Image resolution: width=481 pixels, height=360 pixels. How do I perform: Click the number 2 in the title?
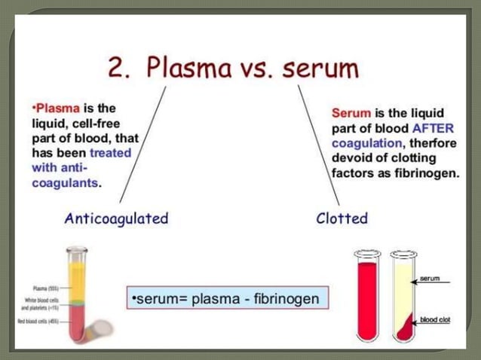[118, 68]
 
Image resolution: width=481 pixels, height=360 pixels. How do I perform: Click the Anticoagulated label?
[116, 219]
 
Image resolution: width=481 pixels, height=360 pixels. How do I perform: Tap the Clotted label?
[342, 219]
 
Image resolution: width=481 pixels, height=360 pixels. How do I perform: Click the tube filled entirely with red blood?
[368, 297]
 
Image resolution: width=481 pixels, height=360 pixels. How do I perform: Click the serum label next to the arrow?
[430, 279]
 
